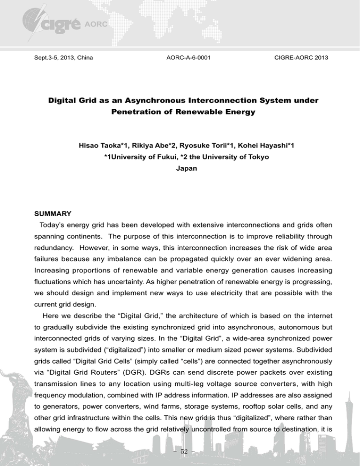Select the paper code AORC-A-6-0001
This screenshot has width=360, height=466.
[188, 58]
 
